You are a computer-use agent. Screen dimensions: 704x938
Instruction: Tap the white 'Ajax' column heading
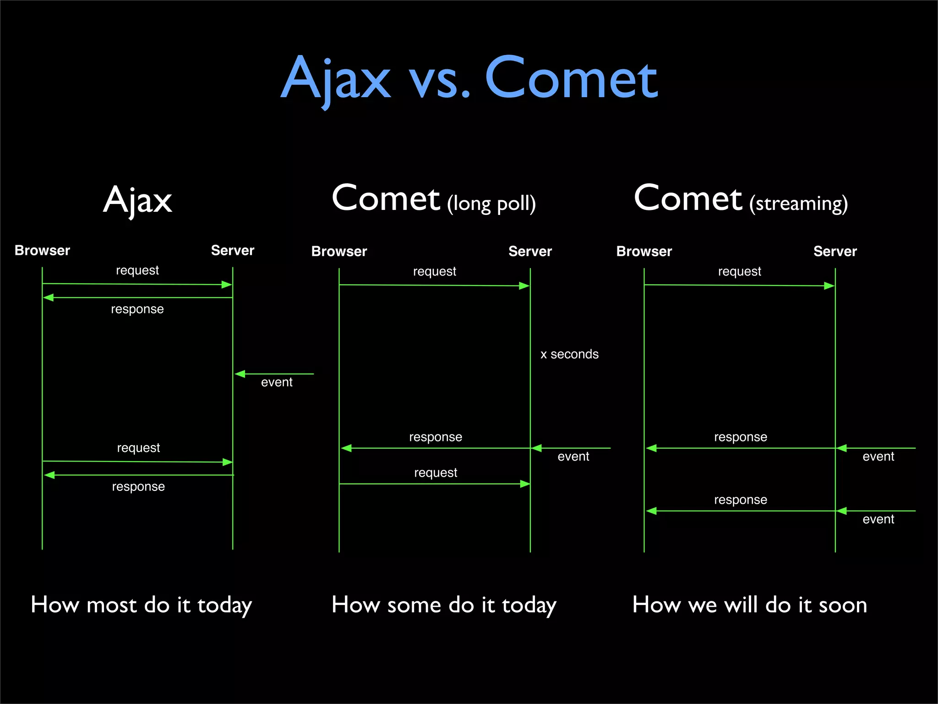pos(137,200)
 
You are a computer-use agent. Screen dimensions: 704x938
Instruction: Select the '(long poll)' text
pos(491,203)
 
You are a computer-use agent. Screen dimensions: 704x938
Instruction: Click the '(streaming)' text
pos(798,203)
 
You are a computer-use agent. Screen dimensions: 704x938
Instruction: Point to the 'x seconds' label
pos(569,354)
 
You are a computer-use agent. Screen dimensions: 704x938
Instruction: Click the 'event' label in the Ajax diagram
pos(277,382)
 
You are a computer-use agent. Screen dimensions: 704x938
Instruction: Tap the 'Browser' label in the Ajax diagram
pos(42,250)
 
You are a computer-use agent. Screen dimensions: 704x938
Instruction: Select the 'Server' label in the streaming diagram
pos(835,251)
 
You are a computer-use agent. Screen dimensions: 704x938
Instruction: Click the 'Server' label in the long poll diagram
pos(530,251)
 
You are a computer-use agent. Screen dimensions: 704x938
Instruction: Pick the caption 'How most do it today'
pos(141,605)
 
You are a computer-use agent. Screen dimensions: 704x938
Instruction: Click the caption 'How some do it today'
pos(444,605)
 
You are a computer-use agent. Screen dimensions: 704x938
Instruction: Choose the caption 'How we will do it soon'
pos(749,605)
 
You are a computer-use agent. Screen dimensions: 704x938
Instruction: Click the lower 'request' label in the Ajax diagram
pos(138,448)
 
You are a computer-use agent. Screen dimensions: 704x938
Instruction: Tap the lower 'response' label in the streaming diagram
pos(740,500)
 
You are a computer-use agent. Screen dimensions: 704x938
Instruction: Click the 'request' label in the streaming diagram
pos(739,271)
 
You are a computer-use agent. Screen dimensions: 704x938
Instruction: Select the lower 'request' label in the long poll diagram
pos(436,473)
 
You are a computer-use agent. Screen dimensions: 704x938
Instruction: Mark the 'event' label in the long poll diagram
pos(573,456)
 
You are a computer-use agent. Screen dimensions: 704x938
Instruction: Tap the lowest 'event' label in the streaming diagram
pos(878,519)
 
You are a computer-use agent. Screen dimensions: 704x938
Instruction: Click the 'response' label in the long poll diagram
pos(436,437)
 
